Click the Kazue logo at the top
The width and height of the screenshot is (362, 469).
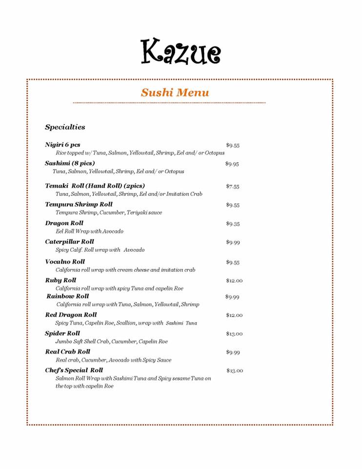pyautogui.click(x=181, y=51)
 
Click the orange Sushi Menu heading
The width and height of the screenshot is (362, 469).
pyautogui.click(x=175, y=92)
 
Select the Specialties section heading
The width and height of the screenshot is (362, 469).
pyautogui.click(x=65, y=127)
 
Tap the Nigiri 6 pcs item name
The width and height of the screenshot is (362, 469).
pyautogui.click(x=62, y=145)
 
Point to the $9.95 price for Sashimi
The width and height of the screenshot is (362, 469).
pyautogui.click(x=232, y=164)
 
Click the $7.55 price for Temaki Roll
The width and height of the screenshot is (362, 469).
pyautogui.click(x=232, y=186)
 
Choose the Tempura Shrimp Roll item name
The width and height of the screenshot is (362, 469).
pyautogui.click(x=79, y=204)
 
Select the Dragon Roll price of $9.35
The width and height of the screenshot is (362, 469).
pyautogui.click(x=232, y=224)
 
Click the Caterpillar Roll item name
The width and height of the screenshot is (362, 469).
pyautogui.click(x=69, y=241)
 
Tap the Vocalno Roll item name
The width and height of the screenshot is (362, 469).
pyautogui.click(x=65, y=261)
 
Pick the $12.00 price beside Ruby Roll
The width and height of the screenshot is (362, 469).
pyautogui.click(x=234, y=280)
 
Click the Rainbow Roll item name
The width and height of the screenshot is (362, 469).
pyautogui.click(x=68, y=296)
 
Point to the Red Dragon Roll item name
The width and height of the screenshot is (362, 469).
pyautogui.click(x=71, y=315)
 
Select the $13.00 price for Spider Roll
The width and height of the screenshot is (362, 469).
pyautogui.click(x=234, y=334)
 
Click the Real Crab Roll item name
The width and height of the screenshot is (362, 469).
pyautogui.click(x=67, y=351)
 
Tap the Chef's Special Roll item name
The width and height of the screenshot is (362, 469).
pyautogui.click(x=74, y=370)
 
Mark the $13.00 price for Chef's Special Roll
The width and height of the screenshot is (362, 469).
pyautogui.click(x=234, y=370)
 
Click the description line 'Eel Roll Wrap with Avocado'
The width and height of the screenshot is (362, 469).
pyautogui.click(x=89, y=231)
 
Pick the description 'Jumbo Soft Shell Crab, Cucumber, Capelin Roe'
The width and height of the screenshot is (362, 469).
pyautogui.click(x=111, y=341)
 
